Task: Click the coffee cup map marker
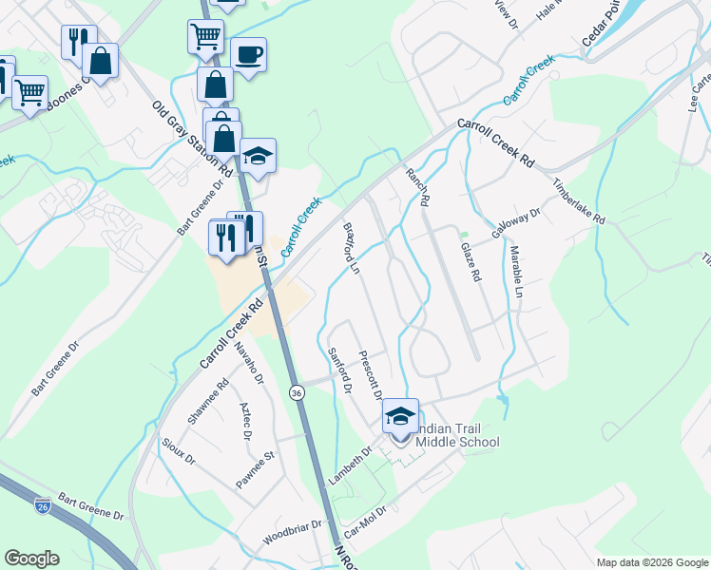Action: tap(249, 55)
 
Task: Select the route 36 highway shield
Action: tap(298, 391)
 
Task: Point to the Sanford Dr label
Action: tap(340, 371)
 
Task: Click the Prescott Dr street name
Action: tap(371, 374)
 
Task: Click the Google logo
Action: tap(31, 559)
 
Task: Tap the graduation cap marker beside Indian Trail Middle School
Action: tap(400, 418)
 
